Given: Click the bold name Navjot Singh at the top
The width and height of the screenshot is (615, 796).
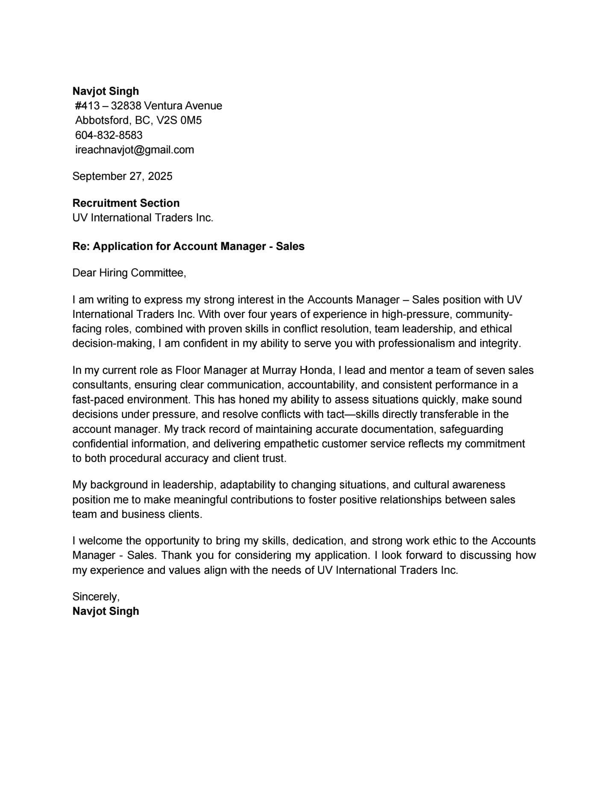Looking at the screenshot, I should click(105, 91).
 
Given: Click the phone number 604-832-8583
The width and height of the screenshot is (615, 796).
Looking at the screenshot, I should click(108, 135).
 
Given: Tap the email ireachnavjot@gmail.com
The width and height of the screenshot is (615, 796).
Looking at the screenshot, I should click(134, 150).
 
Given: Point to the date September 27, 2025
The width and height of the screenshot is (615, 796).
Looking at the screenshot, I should click(122, 176).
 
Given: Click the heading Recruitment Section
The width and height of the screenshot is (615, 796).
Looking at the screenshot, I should click(126, 203).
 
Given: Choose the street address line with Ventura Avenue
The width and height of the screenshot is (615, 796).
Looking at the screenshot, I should click(148, 106).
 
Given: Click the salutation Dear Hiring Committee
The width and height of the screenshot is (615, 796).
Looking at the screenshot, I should click(129, 273).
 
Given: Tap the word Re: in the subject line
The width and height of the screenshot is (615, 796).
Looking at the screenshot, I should click(81, 246).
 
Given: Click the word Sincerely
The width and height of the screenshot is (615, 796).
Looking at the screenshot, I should click(96, 596).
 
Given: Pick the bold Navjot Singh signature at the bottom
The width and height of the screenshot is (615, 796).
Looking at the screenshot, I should click(105, 611).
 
